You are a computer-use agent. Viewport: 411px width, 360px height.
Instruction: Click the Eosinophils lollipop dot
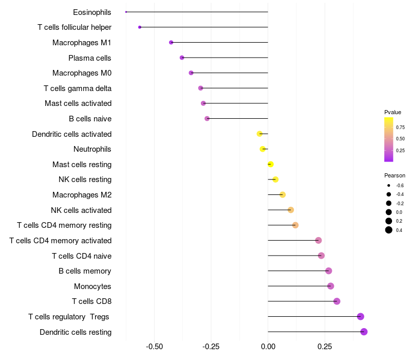pos(126,12)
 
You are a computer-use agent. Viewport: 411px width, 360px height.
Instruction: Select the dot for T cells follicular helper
pos(140,27)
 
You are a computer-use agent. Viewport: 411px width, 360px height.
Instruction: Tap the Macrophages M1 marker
pos(171,42)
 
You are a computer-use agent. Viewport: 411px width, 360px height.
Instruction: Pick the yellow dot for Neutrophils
pos(263,149)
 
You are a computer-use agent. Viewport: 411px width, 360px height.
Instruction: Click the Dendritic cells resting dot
pos(364,332)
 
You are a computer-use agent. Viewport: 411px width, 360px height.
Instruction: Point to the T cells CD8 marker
pos(337,301)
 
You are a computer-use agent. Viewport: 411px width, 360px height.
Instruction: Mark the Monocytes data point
pos(330,286)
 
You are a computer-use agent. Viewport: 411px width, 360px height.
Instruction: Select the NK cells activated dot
pos(291,210)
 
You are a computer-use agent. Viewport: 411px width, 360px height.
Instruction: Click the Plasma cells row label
pos(90,58)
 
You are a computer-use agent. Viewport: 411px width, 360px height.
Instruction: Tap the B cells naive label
pos(90,119)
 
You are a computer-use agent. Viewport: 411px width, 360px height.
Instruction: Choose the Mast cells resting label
pos(82,165)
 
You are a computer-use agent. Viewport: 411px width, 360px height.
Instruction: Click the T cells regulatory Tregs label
pos(69,317)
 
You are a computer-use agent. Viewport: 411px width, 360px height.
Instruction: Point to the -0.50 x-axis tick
pos(155,347)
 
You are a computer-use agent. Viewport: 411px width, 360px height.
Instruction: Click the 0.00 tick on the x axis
pos(268,347)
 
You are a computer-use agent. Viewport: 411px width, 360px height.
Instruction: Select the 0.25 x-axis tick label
pos(325,347)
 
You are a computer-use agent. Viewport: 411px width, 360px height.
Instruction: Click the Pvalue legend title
pos(393,112)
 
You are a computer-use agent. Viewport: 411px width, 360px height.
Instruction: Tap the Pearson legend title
pos(395,175)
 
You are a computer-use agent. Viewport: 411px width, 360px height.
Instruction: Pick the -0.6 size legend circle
pos(389,185)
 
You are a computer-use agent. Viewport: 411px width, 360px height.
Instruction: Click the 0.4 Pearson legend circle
pos(389,230)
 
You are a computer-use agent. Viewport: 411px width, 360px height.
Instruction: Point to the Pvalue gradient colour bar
pos(389,139)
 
